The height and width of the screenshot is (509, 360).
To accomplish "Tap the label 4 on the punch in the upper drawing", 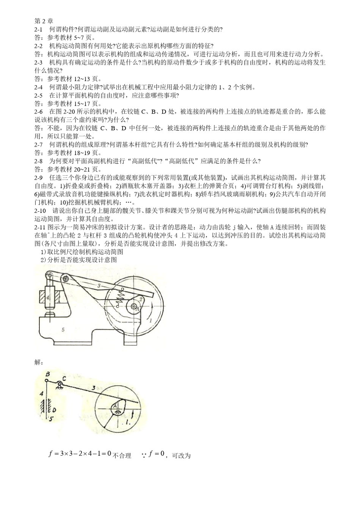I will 48,298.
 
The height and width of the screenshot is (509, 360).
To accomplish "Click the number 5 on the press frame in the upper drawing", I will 63,329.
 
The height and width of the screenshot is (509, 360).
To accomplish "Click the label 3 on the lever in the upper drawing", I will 99,286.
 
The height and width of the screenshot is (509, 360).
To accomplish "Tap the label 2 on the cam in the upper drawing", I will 141,299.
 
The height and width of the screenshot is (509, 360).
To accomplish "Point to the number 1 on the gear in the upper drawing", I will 150,320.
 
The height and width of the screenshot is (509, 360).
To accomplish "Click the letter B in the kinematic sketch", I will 47,375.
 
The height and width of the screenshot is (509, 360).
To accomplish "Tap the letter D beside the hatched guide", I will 54,409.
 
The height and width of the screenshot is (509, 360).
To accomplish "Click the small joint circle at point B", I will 48,382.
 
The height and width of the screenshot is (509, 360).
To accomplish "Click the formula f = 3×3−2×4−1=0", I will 80,453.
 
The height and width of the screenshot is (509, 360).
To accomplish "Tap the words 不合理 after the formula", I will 122,456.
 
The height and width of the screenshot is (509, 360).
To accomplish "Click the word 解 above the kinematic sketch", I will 38,362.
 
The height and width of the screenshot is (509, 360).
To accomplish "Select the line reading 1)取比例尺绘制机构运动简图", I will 81,252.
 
